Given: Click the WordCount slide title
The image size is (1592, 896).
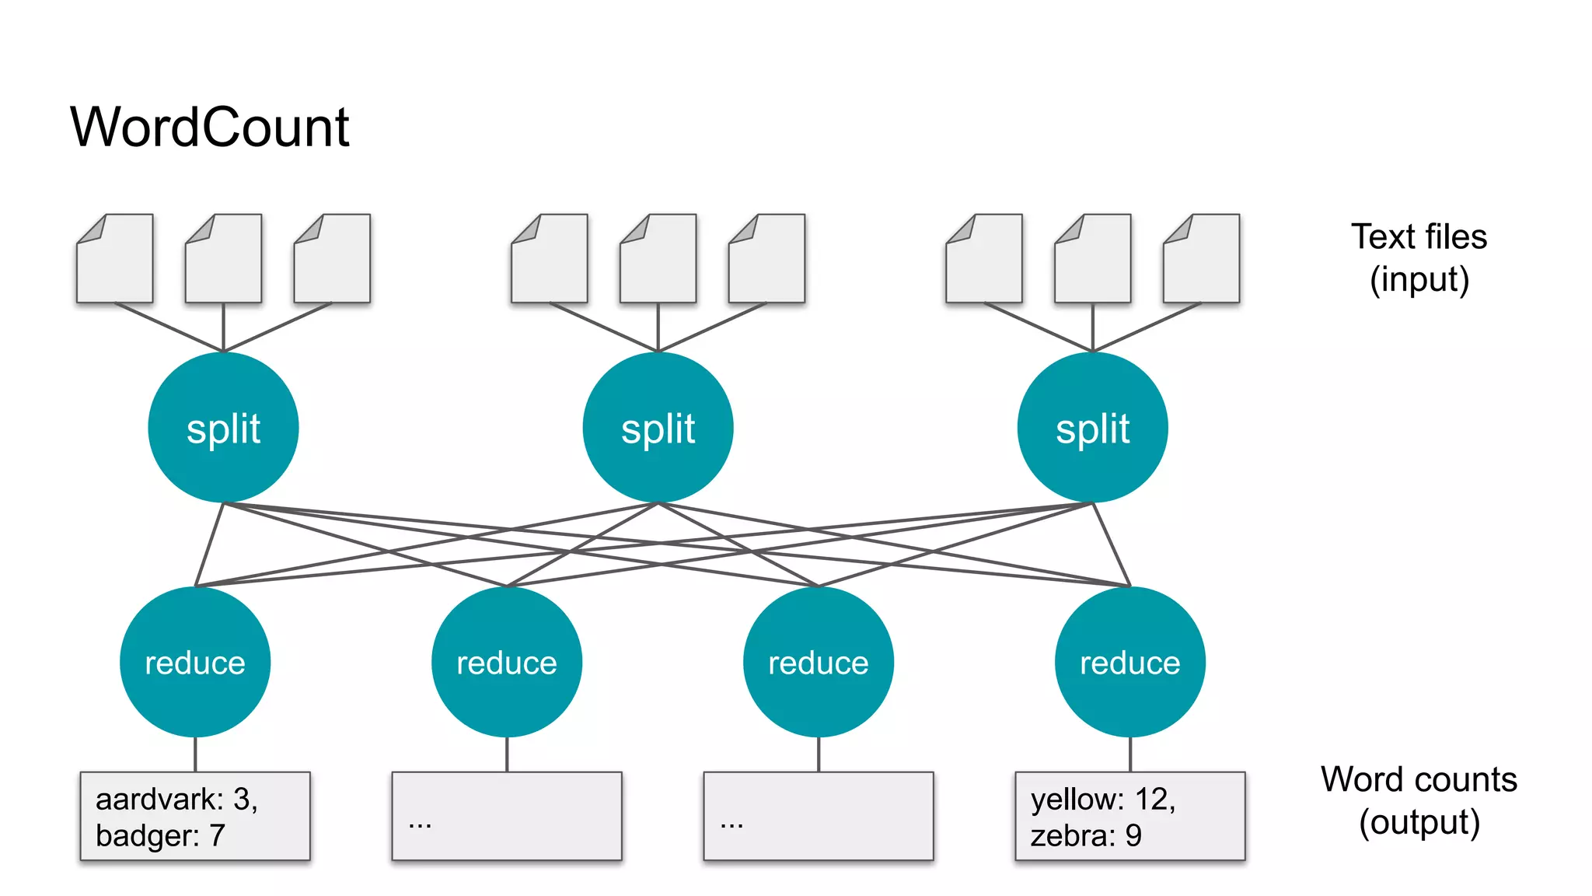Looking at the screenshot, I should (210, 127).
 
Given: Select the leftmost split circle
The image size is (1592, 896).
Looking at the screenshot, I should (223, 428).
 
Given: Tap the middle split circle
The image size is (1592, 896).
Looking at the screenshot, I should (658, 428).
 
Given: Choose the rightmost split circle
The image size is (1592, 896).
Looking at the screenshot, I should (1092, 428).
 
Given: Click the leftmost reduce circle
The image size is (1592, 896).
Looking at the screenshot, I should (195, 662).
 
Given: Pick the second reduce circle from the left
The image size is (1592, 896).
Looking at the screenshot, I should (507, 662).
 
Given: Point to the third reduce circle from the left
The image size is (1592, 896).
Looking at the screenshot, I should (819, 662).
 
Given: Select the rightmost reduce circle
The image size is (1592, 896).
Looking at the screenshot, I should (1129, 662).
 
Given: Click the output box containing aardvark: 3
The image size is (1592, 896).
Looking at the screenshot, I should (195, 816).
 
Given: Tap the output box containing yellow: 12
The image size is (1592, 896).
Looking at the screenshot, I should (1129, 816).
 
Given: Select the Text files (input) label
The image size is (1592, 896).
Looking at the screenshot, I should (1419, 257).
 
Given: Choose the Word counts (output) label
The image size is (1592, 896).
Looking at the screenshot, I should (1419, 800).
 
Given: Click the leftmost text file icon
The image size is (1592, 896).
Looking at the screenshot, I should (115, 259).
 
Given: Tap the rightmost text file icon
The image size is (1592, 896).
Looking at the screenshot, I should (1201, 259).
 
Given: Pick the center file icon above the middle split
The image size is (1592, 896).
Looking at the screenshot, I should (658, 259).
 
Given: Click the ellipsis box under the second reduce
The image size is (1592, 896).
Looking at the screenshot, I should (507, 816).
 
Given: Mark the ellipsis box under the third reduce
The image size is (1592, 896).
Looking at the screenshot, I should (819, 816).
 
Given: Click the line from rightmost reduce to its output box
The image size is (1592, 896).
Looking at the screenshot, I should (1129, 754).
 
